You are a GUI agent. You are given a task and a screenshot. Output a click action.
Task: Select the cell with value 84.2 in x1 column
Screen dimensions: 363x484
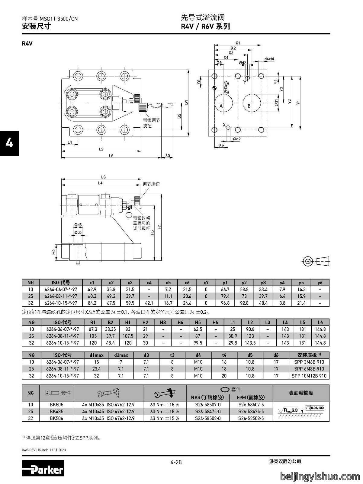coord(92,303)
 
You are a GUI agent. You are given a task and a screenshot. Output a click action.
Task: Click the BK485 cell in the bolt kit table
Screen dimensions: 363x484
coord(56,411)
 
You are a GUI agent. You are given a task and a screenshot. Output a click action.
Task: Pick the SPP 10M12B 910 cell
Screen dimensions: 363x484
coord(309,376)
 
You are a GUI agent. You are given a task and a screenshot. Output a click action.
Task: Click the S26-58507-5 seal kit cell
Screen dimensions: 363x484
coord(251,405)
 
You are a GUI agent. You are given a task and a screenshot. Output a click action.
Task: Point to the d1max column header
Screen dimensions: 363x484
coord(97,355)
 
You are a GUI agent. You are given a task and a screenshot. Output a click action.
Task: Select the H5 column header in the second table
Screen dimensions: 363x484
coord(198,322)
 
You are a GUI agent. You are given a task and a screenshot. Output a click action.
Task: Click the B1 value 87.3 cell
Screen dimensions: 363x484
coord(93,329)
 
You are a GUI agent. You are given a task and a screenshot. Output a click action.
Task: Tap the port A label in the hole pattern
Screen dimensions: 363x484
coord(221,106)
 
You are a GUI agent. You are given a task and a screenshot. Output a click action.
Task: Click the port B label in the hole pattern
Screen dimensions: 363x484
coord(249,106)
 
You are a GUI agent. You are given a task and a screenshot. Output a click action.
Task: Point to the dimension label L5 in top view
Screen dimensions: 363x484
coord(111,156)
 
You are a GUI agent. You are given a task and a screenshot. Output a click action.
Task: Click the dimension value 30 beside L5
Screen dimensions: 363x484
coord(168,156)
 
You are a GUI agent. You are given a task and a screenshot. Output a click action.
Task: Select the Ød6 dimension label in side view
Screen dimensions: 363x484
coord(78,225)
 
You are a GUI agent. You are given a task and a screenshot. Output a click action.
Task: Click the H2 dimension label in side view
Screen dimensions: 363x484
coord(54,252)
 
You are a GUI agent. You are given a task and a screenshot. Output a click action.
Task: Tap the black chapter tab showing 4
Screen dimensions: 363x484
coord(9,143)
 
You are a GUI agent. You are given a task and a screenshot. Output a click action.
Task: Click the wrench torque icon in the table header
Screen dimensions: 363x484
coord(165,393)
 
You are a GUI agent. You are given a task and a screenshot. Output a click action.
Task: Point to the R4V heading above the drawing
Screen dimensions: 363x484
coord(27,44)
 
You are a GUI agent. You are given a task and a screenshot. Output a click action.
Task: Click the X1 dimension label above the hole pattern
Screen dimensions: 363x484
coord(238,43)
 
